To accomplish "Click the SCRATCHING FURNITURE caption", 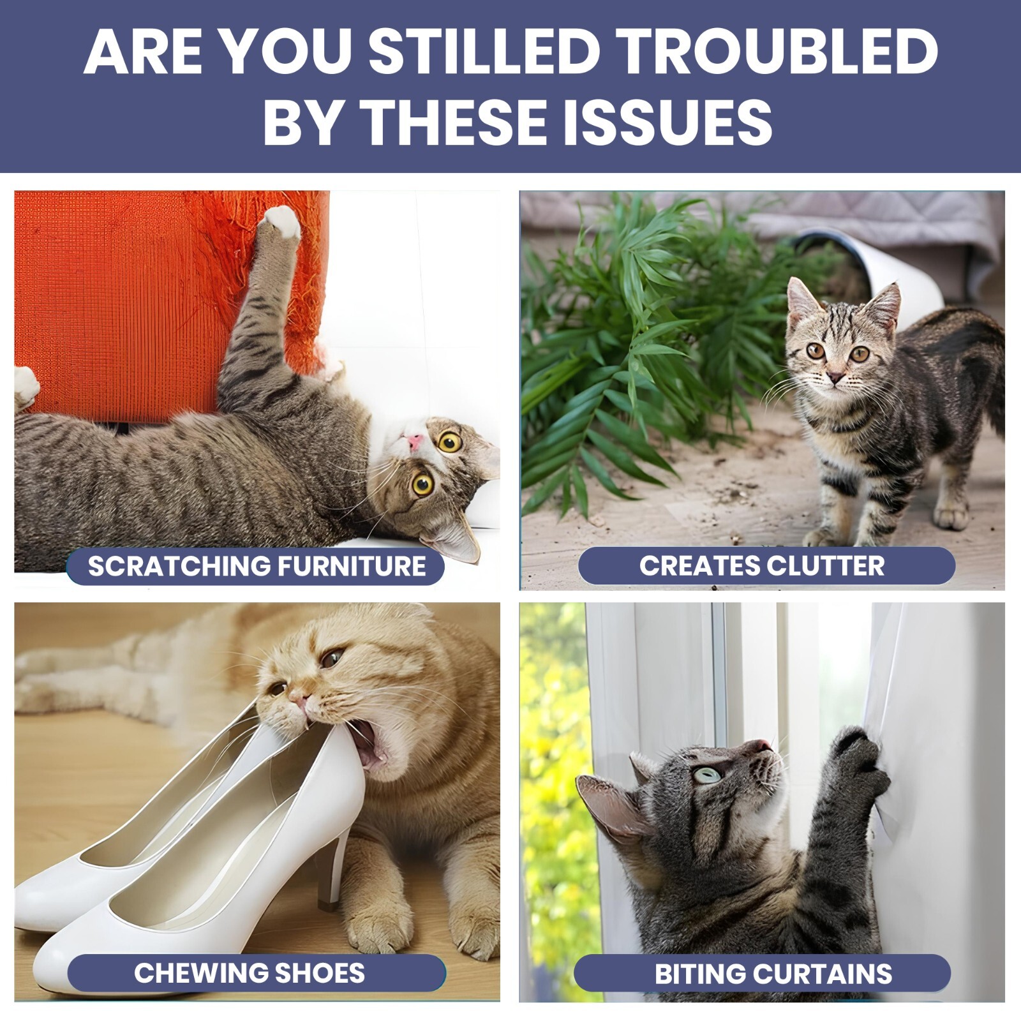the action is tap(257, 566).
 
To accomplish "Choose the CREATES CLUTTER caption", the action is tap(762, 565).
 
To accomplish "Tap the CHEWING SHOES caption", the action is tap(249, 973).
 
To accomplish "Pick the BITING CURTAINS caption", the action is tap(773, 974).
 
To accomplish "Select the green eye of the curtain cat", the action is tap(706, 775).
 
